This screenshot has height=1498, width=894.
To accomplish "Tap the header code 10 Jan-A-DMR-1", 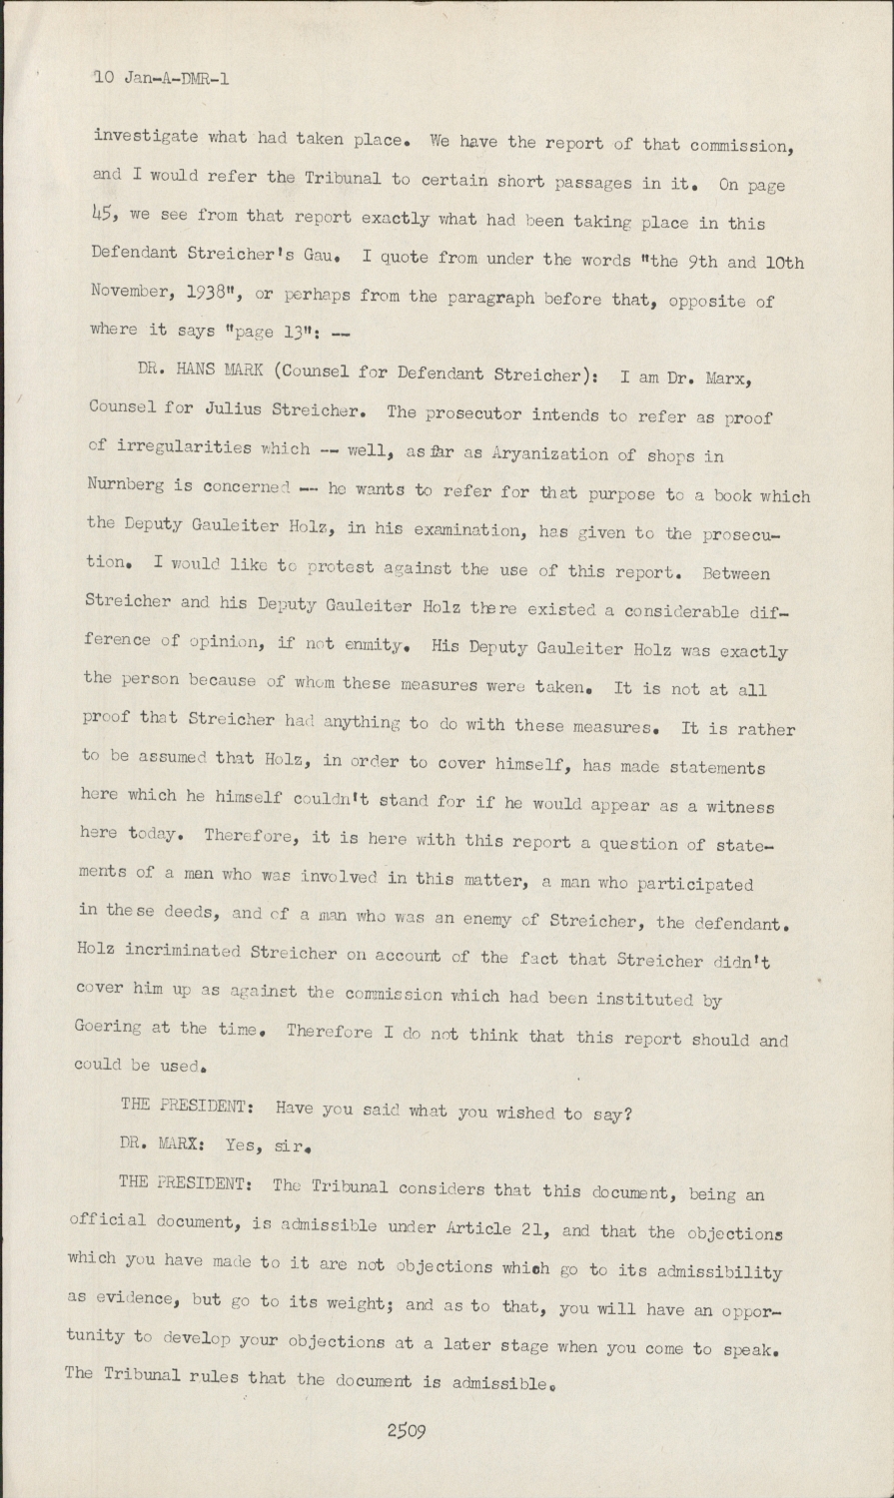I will pos(161,77).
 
